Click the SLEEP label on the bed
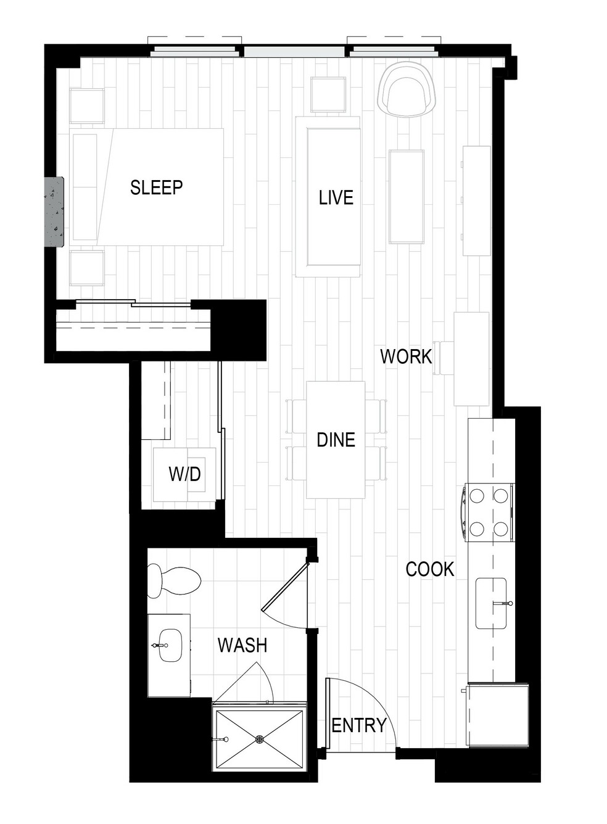pos(156,187)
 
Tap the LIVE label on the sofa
pos(336,197)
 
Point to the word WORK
pos(406,356)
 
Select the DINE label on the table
pos(336,440)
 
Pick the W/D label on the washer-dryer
pos(184,474)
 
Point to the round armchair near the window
pos(407,89)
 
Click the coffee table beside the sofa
pos(407,196)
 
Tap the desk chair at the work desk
pos(444,358)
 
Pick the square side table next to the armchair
pos(328,94)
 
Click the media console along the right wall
pos(476,200)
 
